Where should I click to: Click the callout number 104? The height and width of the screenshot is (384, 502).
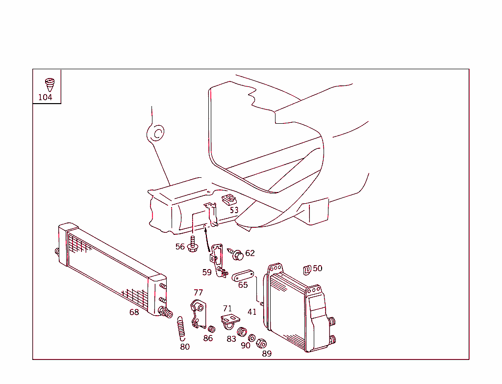coord(45,97)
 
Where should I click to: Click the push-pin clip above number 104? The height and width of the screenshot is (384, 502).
coord(50,84)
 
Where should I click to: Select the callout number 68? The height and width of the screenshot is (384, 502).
coord(134,312)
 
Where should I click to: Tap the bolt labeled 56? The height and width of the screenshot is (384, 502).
coord(193,244)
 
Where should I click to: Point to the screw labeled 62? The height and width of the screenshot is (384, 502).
coord(237,255)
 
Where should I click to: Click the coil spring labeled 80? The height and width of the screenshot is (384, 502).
coord(181,329)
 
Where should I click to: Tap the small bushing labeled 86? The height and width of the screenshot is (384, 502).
coord(212,329)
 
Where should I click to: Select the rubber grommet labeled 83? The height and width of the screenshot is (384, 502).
coord(242,332)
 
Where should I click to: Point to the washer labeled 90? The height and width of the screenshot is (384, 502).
coord(252,338)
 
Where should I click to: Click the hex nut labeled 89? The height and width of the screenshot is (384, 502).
coord(262,344)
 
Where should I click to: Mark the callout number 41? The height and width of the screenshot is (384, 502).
coord(252,312)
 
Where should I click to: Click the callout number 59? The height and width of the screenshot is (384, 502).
coord(207,272)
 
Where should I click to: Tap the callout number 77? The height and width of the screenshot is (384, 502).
coord(198,293)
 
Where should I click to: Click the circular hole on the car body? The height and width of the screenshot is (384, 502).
coord(157,133)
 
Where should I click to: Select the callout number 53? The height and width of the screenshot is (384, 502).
coord(234,210)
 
